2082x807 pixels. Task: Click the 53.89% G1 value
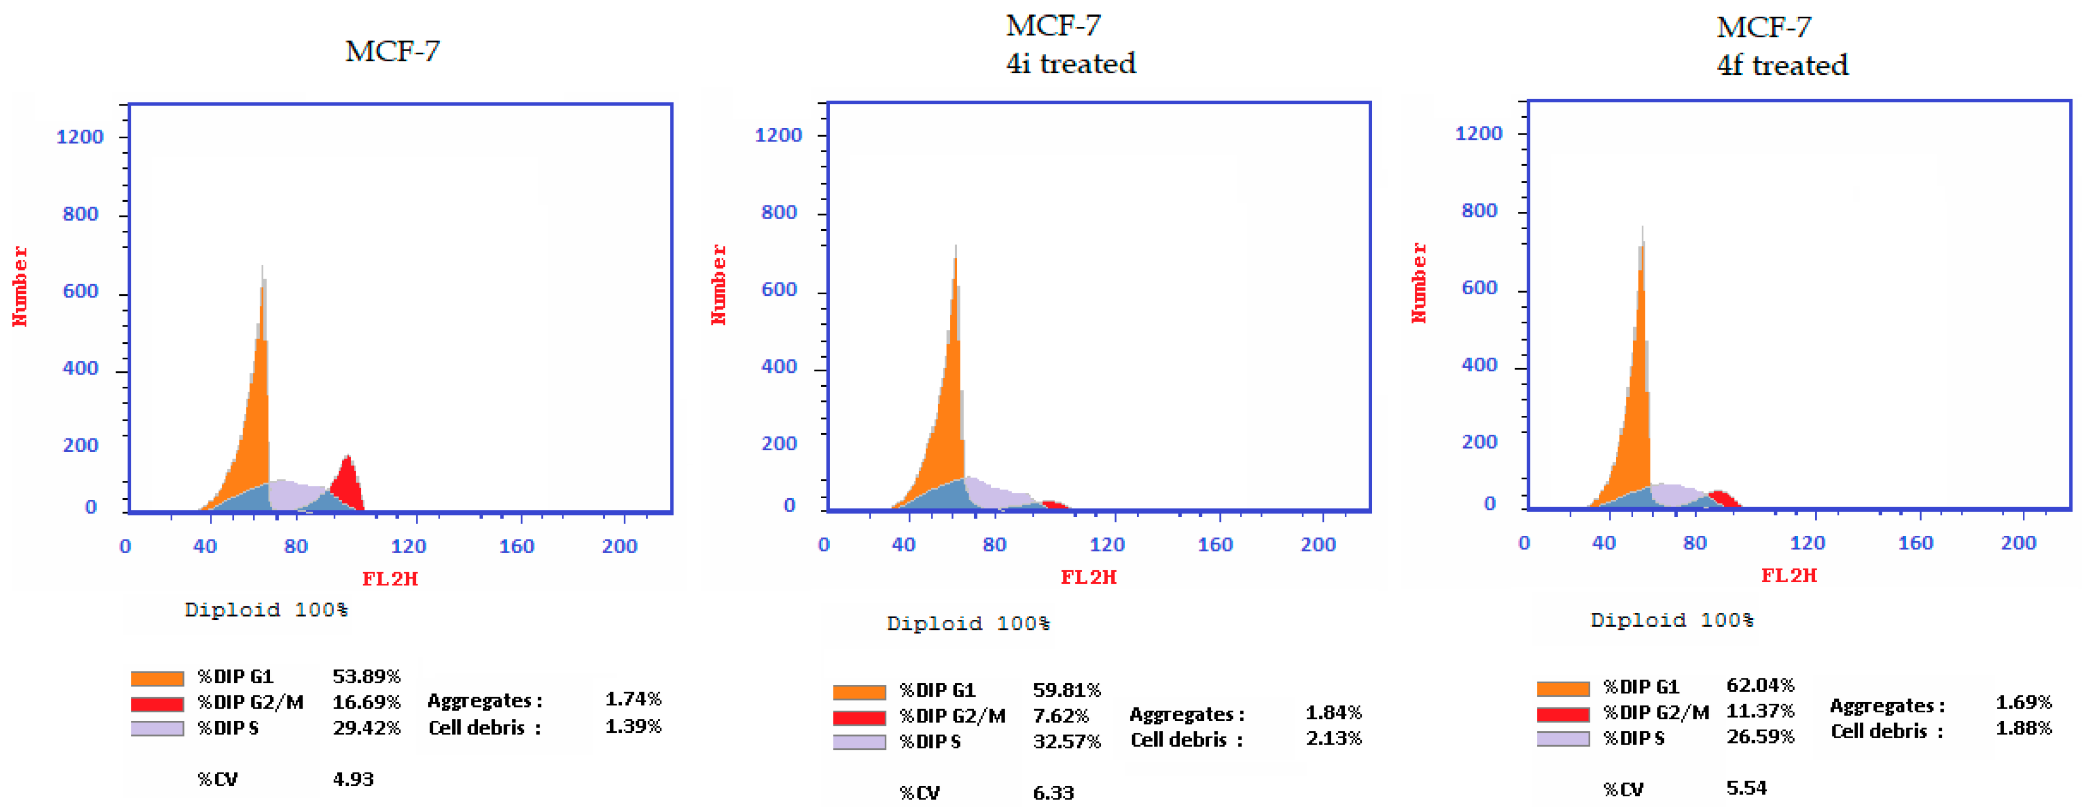click(366, 676)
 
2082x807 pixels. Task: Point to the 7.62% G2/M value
click(1061, 716)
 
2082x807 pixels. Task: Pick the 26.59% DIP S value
click(1760, 737)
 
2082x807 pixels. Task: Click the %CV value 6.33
click(1053, 792)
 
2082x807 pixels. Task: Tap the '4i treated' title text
click(1070, 63)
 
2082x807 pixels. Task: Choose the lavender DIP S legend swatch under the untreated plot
click(157, 728)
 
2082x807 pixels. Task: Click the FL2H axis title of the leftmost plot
click(390, 578)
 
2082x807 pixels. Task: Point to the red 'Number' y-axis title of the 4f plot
click(1418, 283)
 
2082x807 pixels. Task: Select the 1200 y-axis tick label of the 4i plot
click(778, 135)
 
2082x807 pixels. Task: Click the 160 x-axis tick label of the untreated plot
click(517, 546)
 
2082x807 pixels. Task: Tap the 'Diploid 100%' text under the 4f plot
click(1671, 620)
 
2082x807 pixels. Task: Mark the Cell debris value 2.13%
click(1333, 738)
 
